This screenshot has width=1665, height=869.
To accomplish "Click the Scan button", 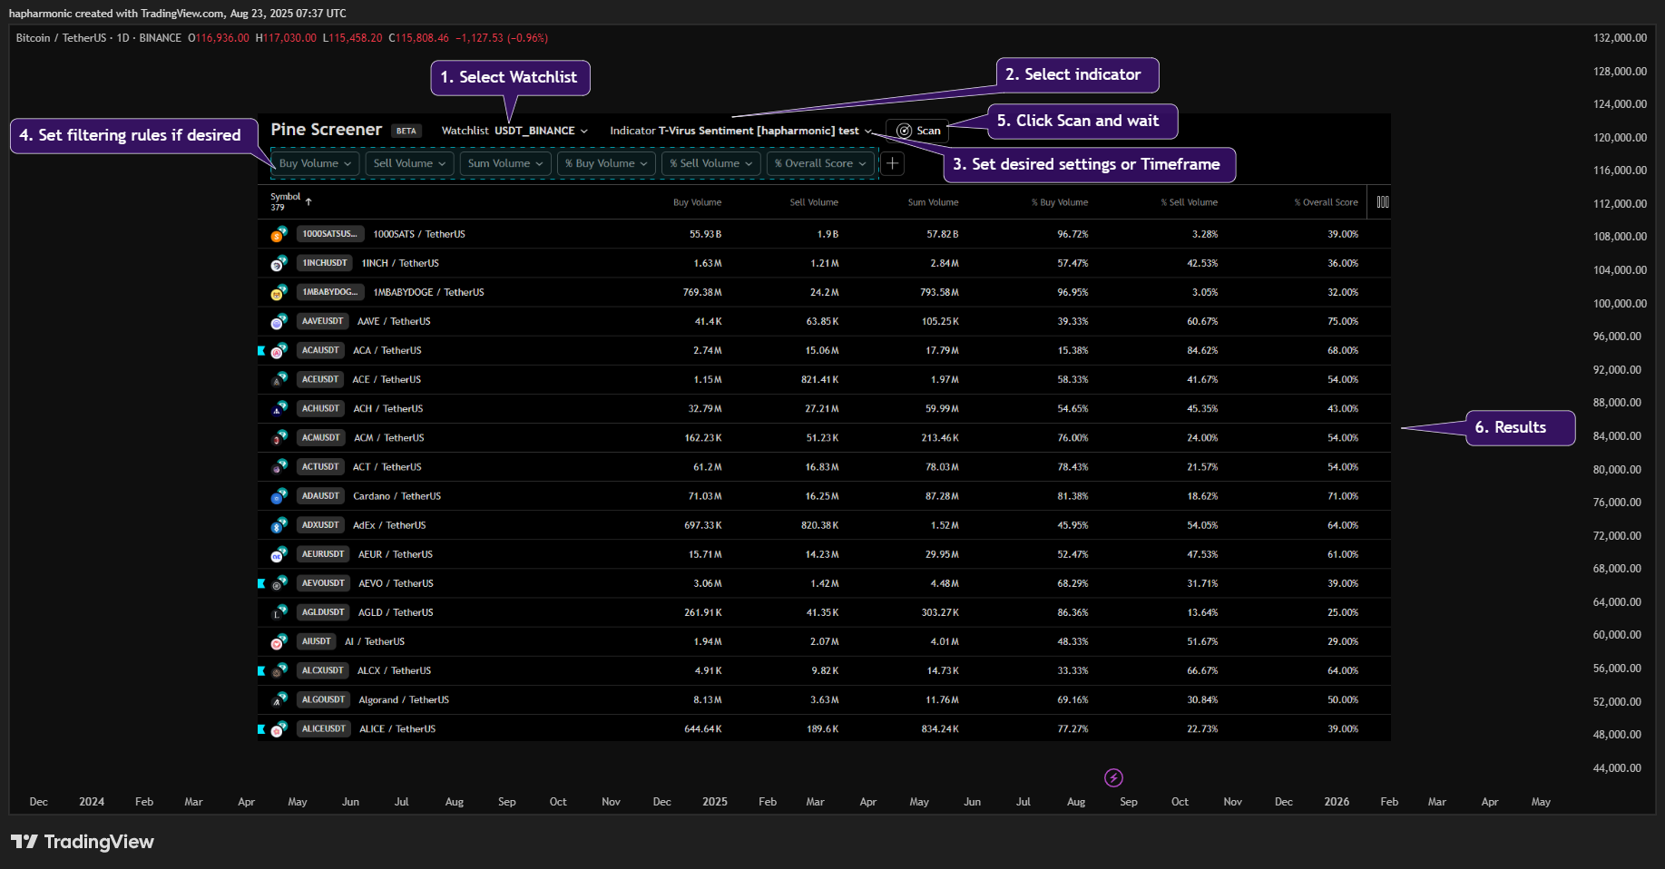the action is [x=917, y=131].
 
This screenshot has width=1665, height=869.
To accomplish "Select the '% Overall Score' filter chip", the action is [x=820, y=163].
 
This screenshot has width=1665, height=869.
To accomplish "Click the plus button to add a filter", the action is [x=893, y=163].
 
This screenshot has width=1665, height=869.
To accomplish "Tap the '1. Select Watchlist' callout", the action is [x=510, y=77].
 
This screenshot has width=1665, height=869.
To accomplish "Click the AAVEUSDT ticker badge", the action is [x=323, y=321].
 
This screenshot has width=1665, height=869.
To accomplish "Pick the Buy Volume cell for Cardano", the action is [x=705, y=496].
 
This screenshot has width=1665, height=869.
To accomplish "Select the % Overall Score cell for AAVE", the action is [x=1343, y=321].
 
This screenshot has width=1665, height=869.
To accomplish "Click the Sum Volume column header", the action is [x=933, y=202].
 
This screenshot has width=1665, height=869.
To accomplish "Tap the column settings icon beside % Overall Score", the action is [x=1383, y=202].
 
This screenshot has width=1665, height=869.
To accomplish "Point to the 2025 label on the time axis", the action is [x=715, y=802].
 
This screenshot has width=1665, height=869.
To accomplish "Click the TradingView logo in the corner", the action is [x=83, y=842].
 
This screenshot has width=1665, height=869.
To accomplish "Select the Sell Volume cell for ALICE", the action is [x=822, y=729].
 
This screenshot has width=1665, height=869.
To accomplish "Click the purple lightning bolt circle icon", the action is [x=1113, y=777].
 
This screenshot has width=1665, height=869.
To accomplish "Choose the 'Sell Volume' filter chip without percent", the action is [x=409, y=163].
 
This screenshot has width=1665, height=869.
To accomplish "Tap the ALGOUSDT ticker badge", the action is [x=324, y=699].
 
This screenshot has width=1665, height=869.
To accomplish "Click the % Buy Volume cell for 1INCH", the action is [x=1072, y=263].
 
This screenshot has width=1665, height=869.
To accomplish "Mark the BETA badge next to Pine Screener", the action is [x=406, y=131].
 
